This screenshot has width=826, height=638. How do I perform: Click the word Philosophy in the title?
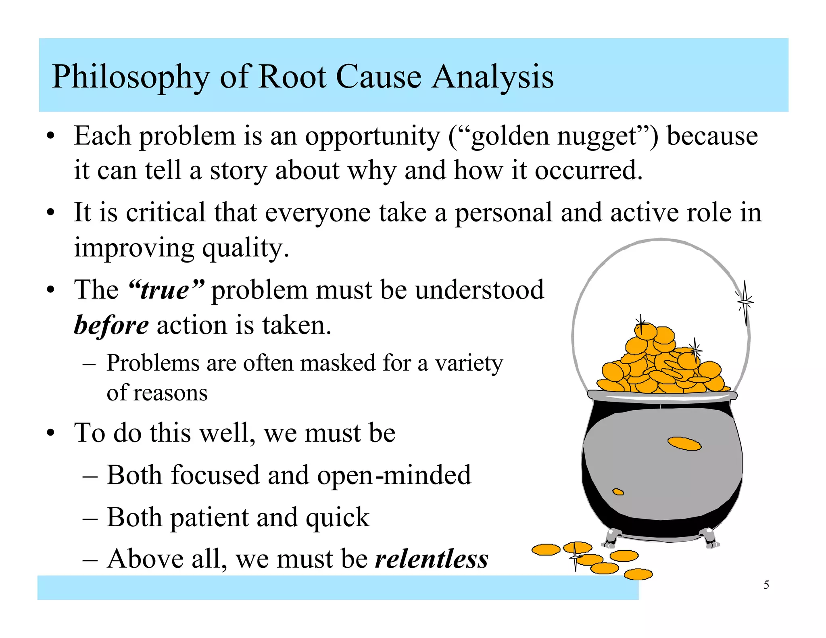[x=131, y=77]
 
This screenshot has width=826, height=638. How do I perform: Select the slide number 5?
[x=766, y=585]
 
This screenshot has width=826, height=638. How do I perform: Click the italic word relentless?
[x=432, y=559]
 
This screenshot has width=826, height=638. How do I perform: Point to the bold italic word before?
[x=111, y=325]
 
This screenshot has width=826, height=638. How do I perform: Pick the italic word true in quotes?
[x=165, y=290]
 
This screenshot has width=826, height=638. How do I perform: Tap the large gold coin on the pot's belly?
[x=684, y=444]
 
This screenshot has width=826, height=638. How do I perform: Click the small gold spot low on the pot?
[x=618, y=492]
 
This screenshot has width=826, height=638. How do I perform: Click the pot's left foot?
[x=611, y=538]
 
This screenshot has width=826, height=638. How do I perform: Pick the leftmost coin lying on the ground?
[x=546, y=550]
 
